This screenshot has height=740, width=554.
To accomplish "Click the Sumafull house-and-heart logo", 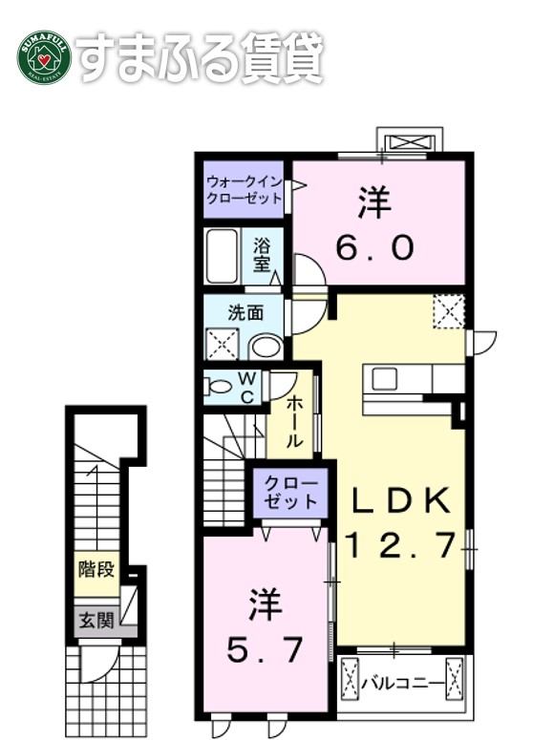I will coord(44,58).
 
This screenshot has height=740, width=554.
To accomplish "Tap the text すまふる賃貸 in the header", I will coord(202,58).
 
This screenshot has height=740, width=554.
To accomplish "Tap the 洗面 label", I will coord(245,312).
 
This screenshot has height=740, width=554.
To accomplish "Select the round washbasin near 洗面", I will coord(264,346).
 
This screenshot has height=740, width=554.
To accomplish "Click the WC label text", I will coord(245,388).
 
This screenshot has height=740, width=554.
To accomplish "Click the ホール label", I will coord(294,421).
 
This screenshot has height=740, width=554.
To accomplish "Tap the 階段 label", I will coord(96,571).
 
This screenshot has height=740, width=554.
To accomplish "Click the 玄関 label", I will coord(96,621).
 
